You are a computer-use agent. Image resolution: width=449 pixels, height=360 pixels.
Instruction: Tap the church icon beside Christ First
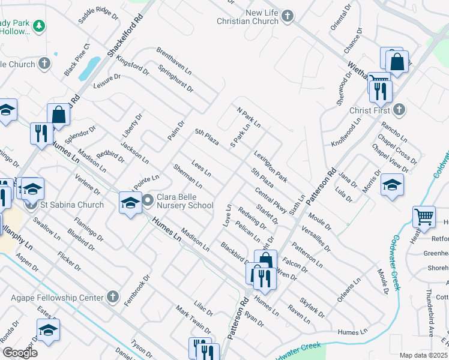coord(399,109)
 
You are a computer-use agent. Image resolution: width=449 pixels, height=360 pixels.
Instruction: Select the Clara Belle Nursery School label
coord(185,200)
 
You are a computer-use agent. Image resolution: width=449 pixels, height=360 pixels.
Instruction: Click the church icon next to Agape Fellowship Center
coord(113,296)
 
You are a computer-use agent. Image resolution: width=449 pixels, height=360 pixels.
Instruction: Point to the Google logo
coord(19,353)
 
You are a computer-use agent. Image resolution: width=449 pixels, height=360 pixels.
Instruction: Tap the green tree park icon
coord(39,26)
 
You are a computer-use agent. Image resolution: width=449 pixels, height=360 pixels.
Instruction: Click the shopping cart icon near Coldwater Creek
coord(424,216)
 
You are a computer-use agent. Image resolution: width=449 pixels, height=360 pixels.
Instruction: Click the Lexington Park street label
coord(270,167)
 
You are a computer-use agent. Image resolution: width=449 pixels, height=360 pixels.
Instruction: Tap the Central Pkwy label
coord(271,200)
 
